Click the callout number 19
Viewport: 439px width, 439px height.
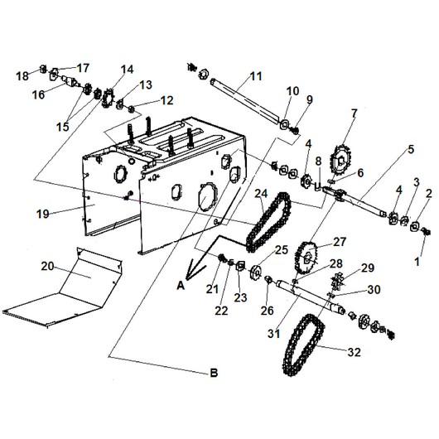[43, 215]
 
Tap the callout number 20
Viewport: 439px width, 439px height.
[47, 266]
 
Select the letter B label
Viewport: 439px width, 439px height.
[214, 373]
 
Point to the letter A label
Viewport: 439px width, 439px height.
[181, 286]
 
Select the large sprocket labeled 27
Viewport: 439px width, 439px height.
[306, 258]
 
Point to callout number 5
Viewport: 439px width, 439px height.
[411, 149]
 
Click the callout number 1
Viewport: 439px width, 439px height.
[417, 262]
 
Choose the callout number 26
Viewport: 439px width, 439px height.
[267, 311]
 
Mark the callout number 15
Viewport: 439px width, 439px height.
[62, 127]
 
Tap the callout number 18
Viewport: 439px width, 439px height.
[22, 76]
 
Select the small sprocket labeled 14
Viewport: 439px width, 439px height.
[108, 98]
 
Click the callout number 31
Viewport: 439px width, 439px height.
[273, 334]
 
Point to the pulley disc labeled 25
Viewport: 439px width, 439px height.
[256, 273]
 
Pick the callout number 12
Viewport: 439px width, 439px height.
[167, 100]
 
